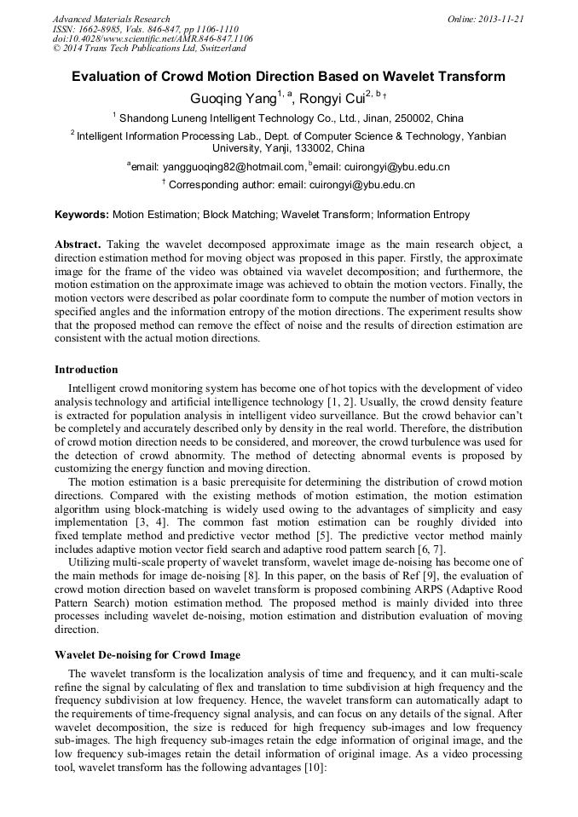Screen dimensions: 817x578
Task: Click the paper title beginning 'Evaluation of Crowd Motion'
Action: [288, 77]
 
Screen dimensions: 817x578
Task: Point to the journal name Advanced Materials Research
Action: [111, 19]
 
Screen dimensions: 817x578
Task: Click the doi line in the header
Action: [153, 38]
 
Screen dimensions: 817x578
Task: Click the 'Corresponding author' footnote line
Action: [288, 185]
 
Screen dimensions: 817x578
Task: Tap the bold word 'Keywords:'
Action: [81, 216]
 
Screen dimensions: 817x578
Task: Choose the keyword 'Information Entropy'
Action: [423, 216]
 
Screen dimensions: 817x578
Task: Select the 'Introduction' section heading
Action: [86, 370]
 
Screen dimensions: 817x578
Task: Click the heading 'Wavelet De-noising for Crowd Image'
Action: [147, 655]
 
